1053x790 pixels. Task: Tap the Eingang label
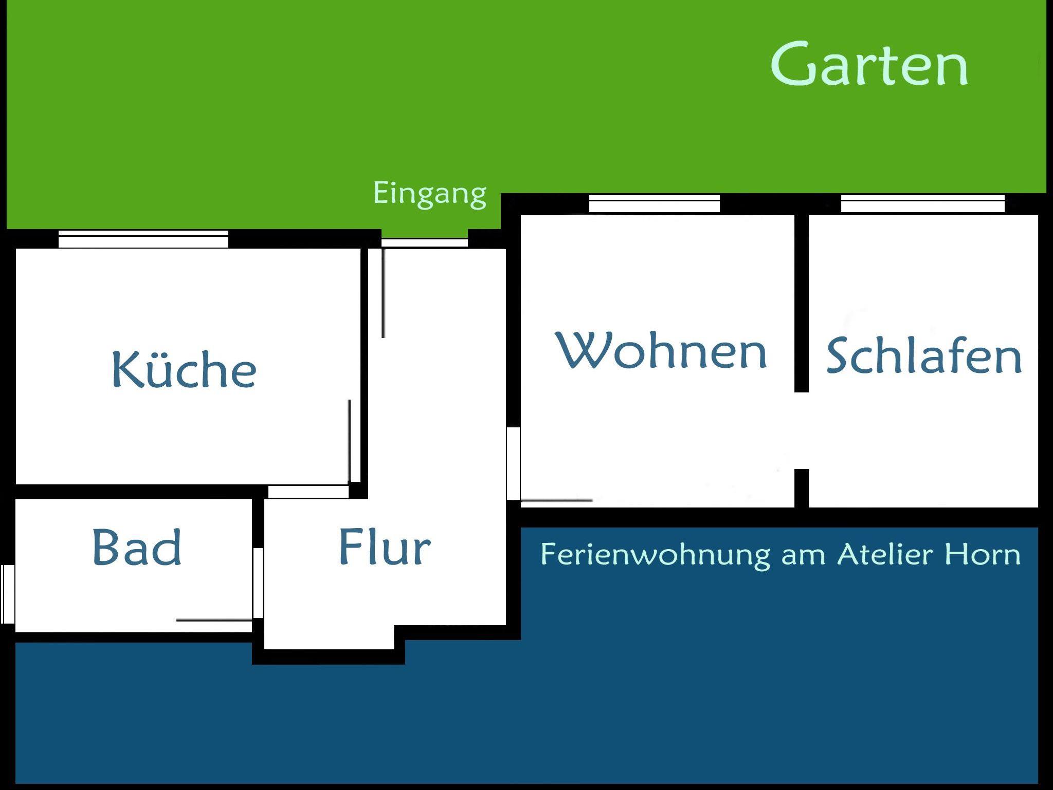click(429, 194)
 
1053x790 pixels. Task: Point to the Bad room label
click(137, 547)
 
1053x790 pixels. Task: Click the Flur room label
click(385, 547)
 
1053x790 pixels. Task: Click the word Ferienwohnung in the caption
click(656, 555)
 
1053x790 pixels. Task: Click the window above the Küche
click(143, 239)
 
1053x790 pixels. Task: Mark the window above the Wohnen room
click(655, 204)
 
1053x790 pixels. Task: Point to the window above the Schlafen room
click(923, 204)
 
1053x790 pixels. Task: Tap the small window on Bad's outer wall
click(7, 594)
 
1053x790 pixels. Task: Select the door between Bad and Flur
click(258, 583)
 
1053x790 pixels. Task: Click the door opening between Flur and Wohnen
click(513, 463)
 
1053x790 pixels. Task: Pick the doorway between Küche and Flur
click(308, 492)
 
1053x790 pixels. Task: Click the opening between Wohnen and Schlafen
click(802, 431)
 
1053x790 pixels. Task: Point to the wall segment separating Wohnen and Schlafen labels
click(802, 304)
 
